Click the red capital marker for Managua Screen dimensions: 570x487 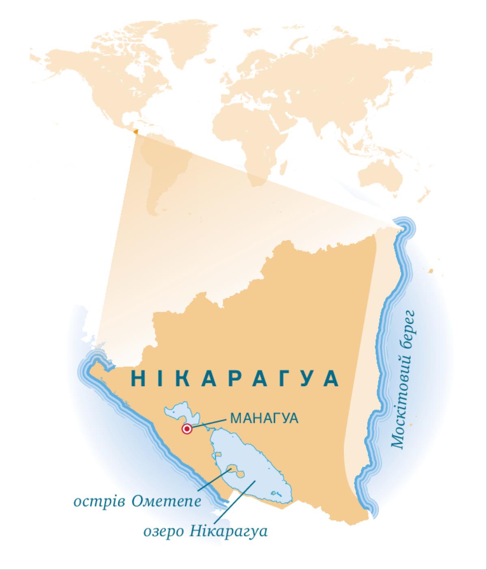(187, 429)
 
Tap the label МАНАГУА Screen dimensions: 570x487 (264, 418)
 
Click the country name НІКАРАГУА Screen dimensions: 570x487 (235, 378)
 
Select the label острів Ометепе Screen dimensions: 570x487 (137, 501)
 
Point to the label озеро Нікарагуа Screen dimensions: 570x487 (206, 531)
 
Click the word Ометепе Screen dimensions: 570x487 (166, 501)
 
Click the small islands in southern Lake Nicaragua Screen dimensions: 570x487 (277, 494)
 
